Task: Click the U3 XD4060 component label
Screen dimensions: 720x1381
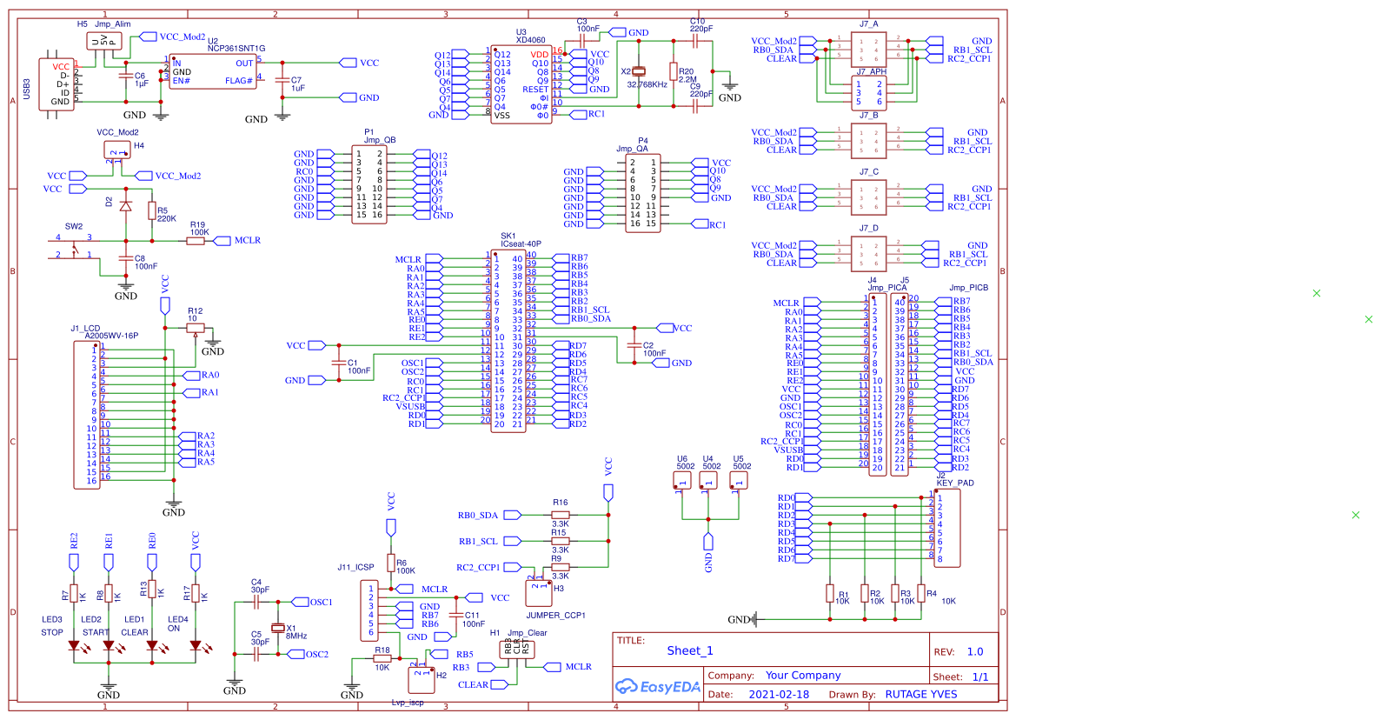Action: tap(530, 36)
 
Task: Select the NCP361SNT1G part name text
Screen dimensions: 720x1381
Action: tap(236, 49)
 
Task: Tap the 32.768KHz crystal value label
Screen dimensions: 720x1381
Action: tap(647, 84)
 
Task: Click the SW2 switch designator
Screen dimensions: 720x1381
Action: tap(74, 226)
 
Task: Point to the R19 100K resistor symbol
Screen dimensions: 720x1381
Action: tap(196, 241)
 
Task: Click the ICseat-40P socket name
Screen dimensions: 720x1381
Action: tap(521, 244)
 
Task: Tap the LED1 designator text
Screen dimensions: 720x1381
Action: tap(134, 620)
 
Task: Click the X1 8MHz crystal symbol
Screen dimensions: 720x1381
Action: tap(277, 628)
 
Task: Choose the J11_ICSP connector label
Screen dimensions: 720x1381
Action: tap(355, 567)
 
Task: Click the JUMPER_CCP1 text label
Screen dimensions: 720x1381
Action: tap(555, 615)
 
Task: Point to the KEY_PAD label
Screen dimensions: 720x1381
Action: tap(955, 483)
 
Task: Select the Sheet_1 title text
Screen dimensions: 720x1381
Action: tap(690, 650)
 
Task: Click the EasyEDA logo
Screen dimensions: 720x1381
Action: tap(658, 687)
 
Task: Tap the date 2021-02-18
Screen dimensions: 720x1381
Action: tap(779, 695)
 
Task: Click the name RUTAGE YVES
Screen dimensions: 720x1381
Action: tap(921, 695)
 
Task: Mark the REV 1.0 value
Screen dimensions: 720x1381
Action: tap(975, 651)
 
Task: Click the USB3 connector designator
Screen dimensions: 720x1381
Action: tap(27, 89)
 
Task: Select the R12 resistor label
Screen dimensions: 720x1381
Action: tap(195, 310)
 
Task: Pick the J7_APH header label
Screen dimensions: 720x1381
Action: tap(871, 72)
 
